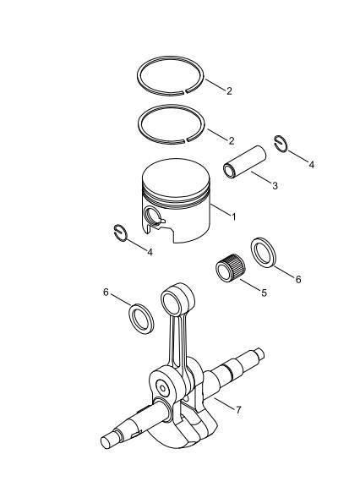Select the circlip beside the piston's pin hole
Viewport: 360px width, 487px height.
point(120,233)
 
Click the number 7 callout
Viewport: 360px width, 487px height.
point(238,410)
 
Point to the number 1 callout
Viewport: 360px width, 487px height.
point(233,217)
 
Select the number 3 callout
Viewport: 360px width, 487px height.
point(274,185)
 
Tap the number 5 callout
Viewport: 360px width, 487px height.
point(264,293)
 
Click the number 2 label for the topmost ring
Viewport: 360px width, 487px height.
point(228,90)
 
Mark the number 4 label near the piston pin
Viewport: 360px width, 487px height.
point(311,165)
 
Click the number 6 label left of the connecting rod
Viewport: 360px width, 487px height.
point(106,292)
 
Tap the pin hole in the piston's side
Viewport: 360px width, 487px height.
point(154,218)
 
